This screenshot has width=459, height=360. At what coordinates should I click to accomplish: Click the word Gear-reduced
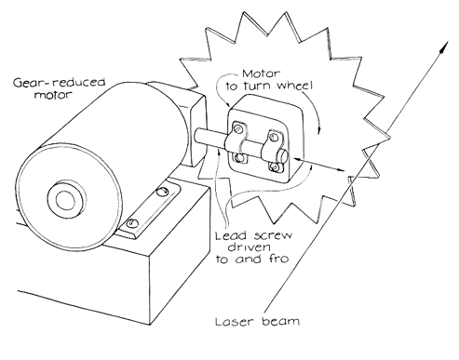click(60, 83)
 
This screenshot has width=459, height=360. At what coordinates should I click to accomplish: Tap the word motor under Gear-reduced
click(53, 94)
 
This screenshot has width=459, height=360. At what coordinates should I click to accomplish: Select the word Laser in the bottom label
click(235, 321)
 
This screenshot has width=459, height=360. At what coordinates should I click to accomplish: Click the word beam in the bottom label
click(280, 321)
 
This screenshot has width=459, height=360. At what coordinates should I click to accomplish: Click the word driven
click(249, 247)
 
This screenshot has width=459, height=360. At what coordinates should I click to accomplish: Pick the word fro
click(277, 258)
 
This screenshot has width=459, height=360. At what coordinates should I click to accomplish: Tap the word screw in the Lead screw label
click(273, 236)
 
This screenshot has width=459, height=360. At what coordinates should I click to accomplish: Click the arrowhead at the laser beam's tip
click(444, 48)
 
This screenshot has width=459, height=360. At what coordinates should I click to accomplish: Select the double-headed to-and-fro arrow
click(318, 165)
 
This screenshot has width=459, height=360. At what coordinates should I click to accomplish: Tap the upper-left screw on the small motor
click(238, 128)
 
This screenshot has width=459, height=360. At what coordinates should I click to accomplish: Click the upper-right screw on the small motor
click(274, 137)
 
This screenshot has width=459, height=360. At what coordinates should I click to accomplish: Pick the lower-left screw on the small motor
click(239, 158)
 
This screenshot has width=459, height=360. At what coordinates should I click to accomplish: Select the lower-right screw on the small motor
click(274, 167)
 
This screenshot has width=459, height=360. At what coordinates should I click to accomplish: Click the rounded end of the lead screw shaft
click(283, 155)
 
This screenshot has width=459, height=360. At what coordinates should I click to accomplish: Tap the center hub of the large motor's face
click(66, 199)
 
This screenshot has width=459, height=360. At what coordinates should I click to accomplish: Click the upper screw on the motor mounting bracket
click(161, 193)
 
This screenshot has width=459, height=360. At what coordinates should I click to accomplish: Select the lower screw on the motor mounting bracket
click(132, 222)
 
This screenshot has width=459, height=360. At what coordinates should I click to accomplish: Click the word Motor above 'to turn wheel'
click(261, 73)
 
